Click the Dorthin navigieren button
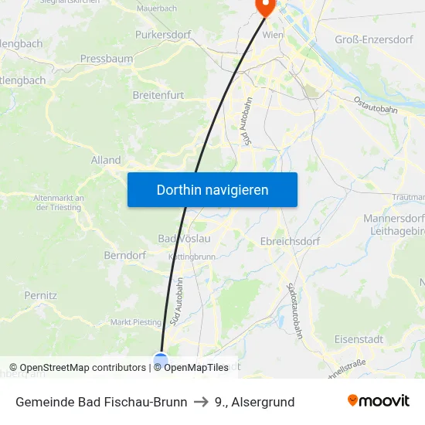coord(212,189)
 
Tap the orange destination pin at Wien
coord(265,7)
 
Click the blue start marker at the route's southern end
coord(161,360)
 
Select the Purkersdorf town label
coord(163,35)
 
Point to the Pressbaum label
coord(107,58)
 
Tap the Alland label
coord(106,161)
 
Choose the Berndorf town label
coord(124,255)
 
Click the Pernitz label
coord(40,295)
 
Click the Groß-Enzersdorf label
coord(373,39)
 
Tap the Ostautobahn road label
coord(375,105)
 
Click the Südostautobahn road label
coord(294,311)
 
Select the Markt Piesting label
coord(136,322)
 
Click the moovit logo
coord(379,401)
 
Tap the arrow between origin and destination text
coord(201,402)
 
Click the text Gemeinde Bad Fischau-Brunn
coord(101,402)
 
